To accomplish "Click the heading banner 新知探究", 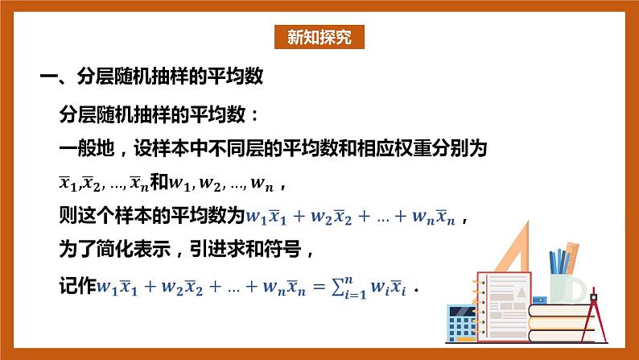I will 319,38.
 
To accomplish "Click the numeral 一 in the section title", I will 49,78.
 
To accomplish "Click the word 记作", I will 78,286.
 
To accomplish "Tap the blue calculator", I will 461,321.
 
